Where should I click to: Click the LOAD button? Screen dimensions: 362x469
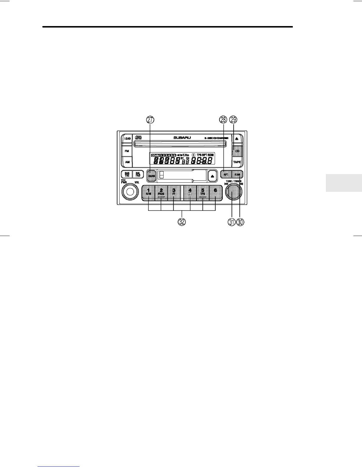(127, 138)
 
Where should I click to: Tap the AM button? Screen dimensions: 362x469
(127, 162)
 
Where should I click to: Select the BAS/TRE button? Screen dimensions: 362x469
(127, 174)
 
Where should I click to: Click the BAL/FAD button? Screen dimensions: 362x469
(138, 174)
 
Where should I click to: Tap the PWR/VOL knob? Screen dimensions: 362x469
(130, 192)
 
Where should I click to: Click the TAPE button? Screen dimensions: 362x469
(237, 162)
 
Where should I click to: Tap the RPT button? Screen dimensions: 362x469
(226, 174)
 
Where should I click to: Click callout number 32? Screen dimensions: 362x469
(182, 222)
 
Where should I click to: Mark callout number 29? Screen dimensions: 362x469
(233, 120)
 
